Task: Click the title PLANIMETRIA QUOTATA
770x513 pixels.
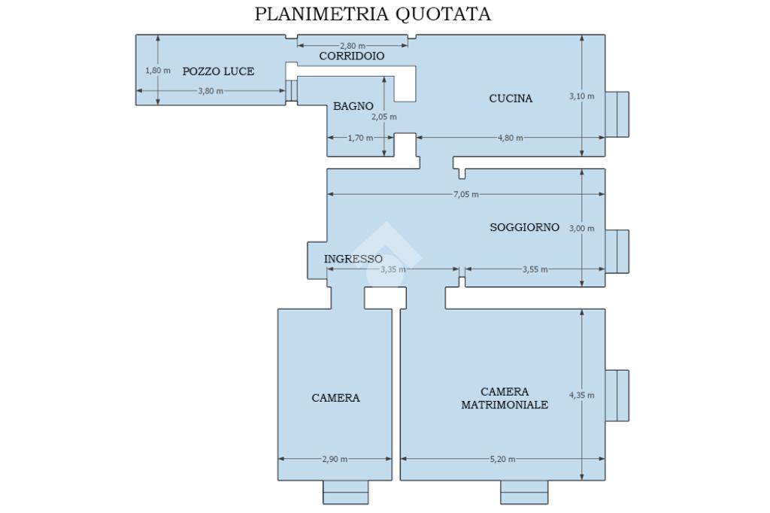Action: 373,14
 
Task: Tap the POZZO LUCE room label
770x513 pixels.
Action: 218,71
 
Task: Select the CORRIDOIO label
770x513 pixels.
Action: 352,56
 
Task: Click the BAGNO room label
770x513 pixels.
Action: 353,107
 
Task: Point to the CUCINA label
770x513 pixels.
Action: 511,98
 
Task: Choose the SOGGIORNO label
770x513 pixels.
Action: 524,227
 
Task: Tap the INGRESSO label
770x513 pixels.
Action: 353,259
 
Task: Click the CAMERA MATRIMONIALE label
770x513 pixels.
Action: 505,398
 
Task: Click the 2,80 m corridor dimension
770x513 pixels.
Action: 353,46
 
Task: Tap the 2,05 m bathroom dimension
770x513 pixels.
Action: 384,117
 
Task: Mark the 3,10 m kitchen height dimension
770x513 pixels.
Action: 582,96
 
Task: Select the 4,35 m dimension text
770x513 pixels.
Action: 582,395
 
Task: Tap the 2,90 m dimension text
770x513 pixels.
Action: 335,459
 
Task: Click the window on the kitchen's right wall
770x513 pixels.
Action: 618,114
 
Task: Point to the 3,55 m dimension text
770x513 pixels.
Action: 535,269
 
